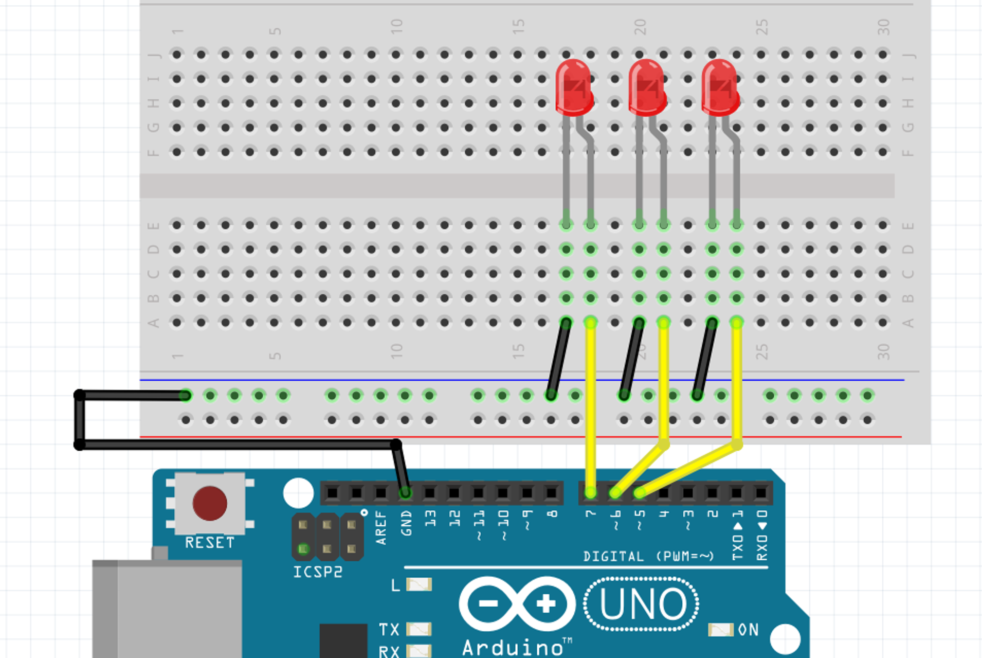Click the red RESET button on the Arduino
tap(210, 503)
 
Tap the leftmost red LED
tap(573, 87)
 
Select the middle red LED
tap(647, 87)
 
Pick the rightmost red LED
tap(720, 87)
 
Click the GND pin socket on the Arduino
tap(405, 493)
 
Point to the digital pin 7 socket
tap(590, 493)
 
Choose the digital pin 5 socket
tap(639, 493)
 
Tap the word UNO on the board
tap(642, 604)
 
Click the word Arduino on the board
tap(512, 647)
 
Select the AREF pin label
tap(381, 527)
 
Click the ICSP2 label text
tap(317, 572)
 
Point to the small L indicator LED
tap(419, 585)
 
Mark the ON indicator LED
tap(720, 630)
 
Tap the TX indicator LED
tap(419, 629)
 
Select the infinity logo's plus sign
tap(546, 603)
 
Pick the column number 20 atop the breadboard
tap(640, 27)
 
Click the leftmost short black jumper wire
tap(558, 359)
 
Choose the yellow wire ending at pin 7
tap(591, 406)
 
